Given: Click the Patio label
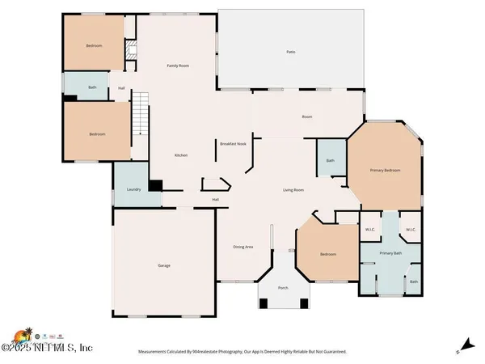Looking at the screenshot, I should [x=290, y=52].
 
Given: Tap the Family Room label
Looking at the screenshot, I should [x=178, y=66].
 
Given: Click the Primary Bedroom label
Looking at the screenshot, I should [x=385, y=171].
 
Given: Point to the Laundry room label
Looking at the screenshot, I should [x=134, y=189].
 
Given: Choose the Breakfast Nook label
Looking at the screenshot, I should [x=232, y=143].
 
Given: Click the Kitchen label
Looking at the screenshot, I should [x=182, y=155].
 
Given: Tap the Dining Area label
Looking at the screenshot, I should [x=243, y=247].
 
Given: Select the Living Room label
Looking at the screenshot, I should [x=293, y=190].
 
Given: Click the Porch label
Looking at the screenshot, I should [x=283, y=288].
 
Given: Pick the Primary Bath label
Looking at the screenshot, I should [x=390, y=254].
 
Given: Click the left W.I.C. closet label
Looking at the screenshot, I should [x=370, y=230].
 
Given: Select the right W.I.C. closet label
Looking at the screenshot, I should [x=410, y=230].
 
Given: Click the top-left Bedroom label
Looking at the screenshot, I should [x=95, y=45].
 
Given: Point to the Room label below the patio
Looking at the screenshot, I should [x=307, y=117].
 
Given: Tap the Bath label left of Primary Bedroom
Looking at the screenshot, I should [x=330, y=160].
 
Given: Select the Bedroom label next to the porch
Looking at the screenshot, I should [x=327, y=255].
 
